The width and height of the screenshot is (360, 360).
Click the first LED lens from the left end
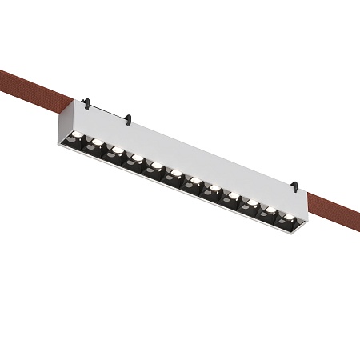tap(77, 136)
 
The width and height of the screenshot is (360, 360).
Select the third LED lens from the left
tap(117, 150)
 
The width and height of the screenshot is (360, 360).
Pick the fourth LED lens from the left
tap(137, 158)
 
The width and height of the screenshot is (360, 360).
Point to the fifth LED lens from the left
tap(156, 166)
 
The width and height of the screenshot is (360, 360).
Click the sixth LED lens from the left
tap(175, 173)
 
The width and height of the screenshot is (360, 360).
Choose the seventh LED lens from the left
tap(194, 180)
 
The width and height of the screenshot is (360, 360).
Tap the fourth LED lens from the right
tap(233, 194)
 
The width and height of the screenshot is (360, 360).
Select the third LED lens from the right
tap(251, 202)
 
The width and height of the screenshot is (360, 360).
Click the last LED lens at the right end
tap(286, 215)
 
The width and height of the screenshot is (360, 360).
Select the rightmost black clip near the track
tap(294, 188)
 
